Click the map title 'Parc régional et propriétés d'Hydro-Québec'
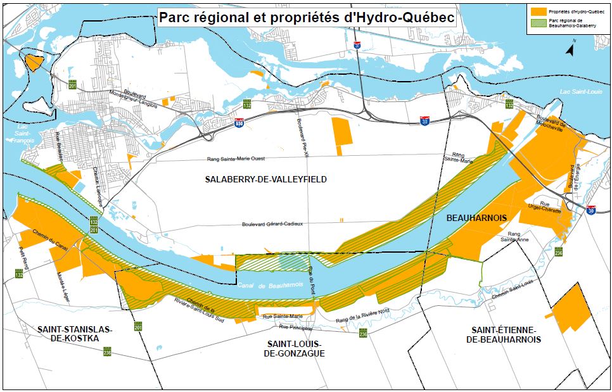pyautogui.click(x=307, y=18)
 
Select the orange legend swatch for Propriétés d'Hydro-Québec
pyautogui.click(x=539, y=11)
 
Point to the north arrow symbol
pyautogui.click(x=570, y=49)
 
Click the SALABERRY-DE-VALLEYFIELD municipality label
pyautogui.click(x=265, y=180)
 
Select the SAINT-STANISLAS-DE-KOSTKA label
pyautogui.click(x=74, y=334)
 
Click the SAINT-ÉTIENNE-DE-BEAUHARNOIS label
pyautogui.click(x=504, y=335)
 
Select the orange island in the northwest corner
pyautogui.click(x=33, y=62)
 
